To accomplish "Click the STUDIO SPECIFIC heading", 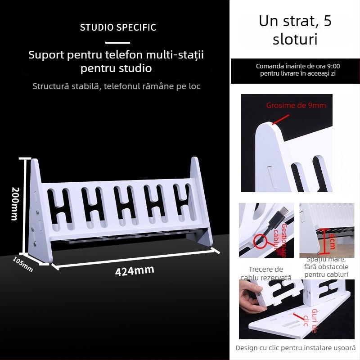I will (118, 27).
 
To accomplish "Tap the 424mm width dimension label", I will (135, 271).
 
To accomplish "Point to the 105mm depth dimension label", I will (22, 264).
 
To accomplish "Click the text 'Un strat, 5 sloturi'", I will (295, 30).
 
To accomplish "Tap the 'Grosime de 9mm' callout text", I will (296, 105).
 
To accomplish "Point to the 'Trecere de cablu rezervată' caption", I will (265, 273).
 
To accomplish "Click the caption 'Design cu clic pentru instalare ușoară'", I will (295, 348).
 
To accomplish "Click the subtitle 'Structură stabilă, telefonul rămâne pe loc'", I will (117, 86).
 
